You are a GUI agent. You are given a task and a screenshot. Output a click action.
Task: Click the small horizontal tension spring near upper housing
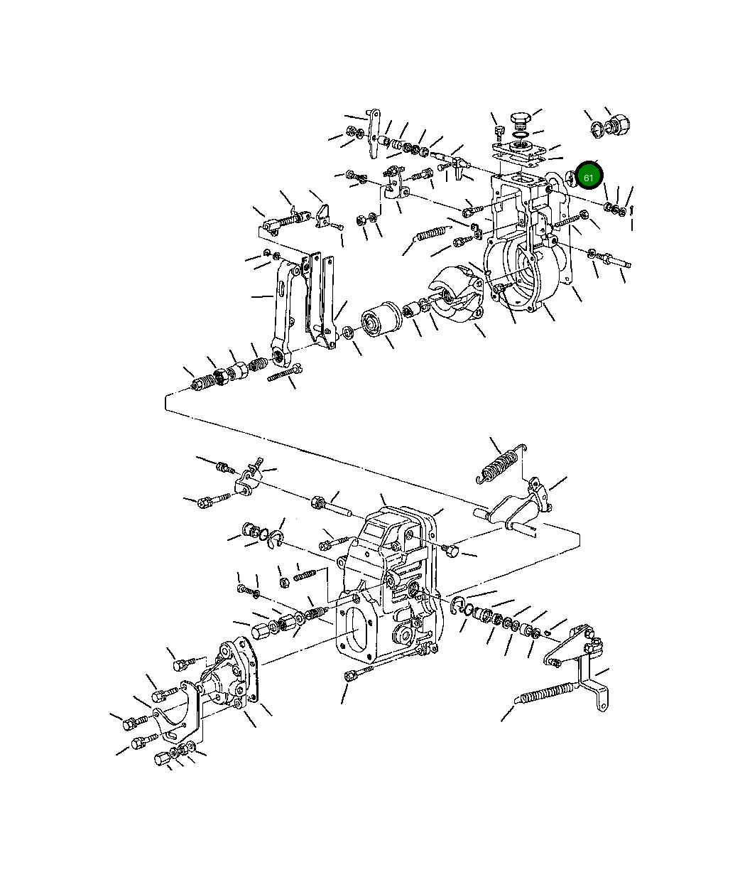coord(432,233)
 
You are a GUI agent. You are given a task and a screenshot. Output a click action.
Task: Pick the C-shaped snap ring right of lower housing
coord(459,606)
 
